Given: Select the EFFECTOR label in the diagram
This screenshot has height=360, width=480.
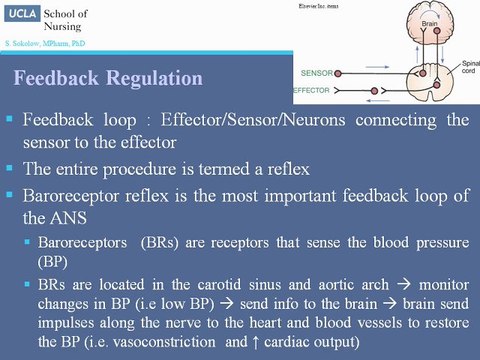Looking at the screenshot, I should click(x=321, y=89).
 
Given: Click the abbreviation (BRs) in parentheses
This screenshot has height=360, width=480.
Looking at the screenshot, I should click(x=160, y=241).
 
